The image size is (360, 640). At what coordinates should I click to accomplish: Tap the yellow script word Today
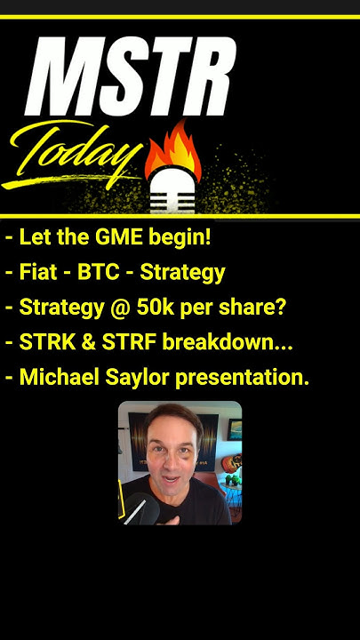(x=76, y=156)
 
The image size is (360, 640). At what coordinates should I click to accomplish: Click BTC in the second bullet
(x=101, y=272)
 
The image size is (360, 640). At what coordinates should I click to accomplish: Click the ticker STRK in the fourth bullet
(x=45, y=341)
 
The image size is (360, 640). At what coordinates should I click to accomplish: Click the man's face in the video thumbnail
(x=172, y=457)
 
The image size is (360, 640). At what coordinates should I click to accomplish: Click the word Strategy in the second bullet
(x=183, y=273)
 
